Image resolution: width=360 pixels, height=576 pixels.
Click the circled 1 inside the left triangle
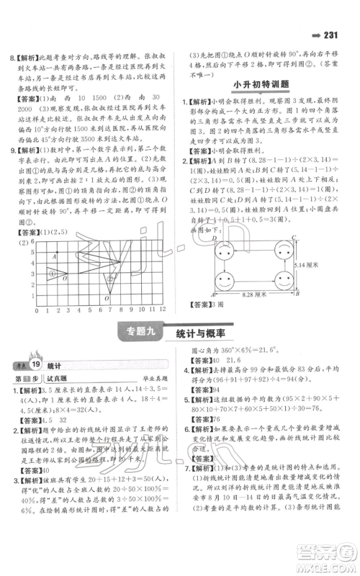51,274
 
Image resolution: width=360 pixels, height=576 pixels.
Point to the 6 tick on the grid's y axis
30,243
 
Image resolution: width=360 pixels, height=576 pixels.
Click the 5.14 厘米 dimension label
308,266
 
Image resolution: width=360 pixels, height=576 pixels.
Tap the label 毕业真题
152,374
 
